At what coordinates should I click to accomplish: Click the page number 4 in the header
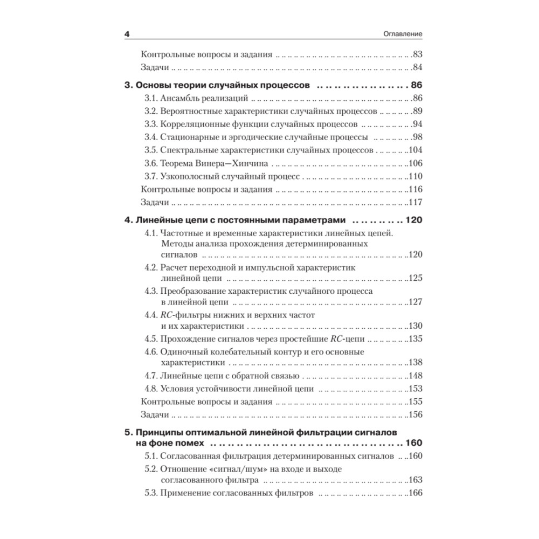[127, 34]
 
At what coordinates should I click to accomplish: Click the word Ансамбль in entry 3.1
[184, 99]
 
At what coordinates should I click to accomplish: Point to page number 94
[417, 125]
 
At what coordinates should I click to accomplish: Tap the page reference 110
[415, 176]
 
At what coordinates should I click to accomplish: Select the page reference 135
[415, 339]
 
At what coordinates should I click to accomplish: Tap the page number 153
[415, 389]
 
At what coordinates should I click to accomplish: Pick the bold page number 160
[412, 443]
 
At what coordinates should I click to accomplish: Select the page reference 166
[415, 493]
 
